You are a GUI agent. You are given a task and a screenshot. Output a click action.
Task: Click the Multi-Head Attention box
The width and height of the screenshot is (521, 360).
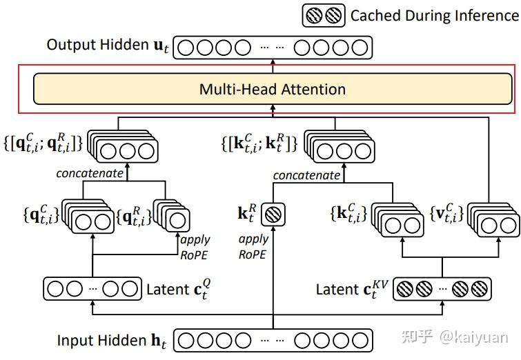pyautogui.click(x=273, y=89)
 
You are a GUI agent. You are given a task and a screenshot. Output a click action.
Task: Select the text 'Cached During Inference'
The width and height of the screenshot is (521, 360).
pyautogui.click(x=434, y=15)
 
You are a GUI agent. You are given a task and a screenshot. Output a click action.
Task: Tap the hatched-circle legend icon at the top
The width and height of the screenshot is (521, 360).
pyautogui.click(x=324, y=15)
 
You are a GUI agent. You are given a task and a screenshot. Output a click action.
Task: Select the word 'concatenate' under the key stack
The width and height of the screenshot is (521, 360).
pyautogui.click(x=306, y=175)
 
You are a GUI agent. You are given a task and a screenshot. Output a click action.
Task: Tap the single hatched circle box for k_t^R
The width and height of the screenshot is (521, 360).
pyautogui.click(x=274, y=214)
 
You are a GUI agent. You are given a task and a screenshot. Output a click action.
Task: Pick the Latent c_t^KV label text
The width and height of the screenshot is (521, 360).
pyautogui.click(x=353, y=290)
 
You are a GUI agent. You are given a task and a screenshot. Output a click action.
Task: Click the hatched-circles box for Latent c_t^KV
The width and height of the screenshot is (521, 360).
pyautogui.click(x=442, y=290)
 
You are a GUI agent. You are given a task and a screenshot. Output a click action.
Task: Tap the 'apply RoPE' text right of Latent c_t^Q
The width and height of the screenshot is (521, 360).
pyautogui.click(x=195, y=246)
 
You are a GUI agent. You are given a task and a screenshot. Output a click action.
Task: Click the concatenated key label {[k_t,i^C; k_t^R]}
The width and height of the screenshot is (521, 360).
pyautogui.click(x=257, y=143)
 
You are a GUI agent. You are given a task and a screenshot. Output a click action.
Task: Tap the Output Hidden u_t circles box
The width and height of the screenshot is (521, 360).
pyautogui.click(x=273, y=48)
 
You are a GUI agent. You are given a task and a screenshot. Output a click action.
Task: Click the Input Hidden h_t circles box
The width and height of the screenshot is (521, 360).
pyautogui.click(x=273, y=341)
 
